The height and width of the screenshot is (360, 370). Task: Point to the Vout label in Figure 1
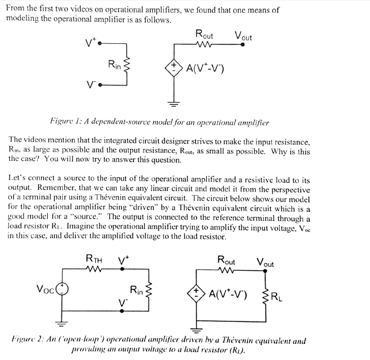pyautogui.click(x=243, y=36)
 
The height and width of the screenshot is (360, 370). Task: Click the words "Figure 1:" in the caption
pyautogui.click(x=67, y=123)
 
